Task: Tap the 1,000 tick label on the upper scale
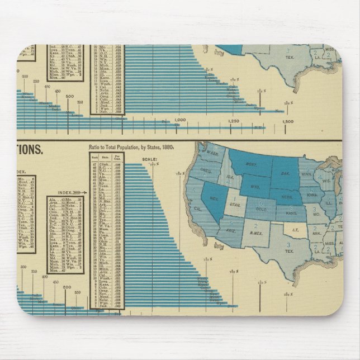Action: coord(180,121)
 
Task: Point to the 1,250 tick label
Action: coord(234,121)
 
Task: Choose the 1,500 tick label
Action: coord(287,121)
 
